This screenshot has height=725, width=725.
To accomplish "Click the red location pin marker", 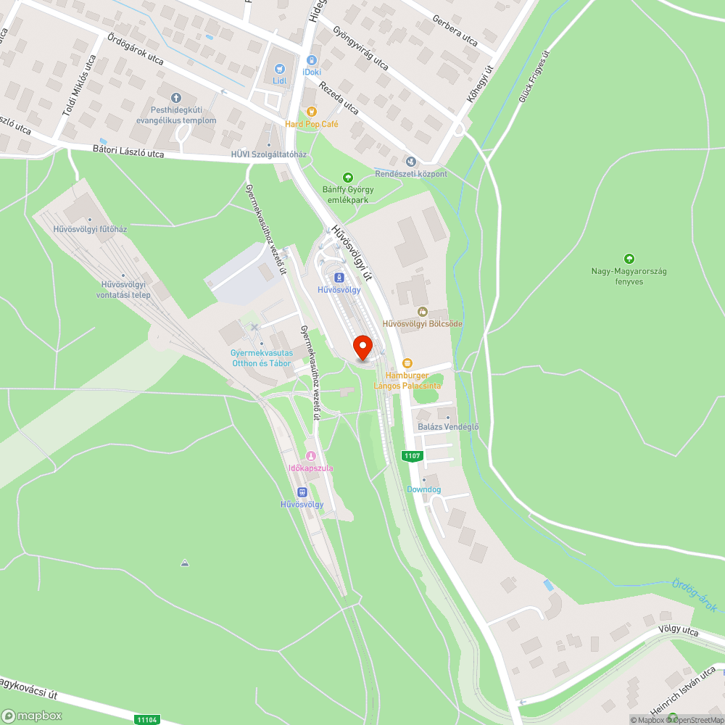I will click(x=363, y=346).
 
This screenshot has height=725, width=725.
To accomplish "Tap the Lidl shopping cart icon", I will click(x=279, y=69).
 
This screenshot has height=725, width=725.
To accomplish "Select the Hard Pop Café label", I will click(x=312, y=124).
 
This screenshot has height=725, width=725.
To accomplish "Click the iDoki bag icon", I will click(x=312, y=61).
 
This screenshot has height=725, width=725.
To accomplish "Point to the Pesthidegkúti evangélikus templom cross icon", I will click(x=175, y=98).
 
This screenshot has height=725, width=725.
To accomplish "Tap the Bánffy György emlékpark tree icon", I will click(x=347, y=178).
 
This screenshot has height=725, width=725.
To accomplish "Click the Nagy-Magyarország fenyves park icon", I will click(x=629, y=258).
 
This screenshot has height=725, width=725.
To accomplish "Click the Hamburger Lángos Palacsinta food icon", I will click(x=407, y=362).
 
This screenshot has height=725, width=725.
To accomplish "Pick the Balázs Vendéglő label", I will click(x=448, y=427).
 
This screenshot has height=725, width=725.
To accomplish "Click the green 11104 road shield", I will click(x=146, y=719).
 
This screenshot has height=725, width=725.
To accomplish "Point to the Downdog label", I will click(x=423, y=489).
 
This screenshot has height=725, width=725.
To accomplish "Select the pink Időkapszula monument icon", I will click(x=311, y=456).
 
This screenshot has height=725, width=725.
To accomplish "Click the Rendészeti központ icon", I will click(x=411, y=161).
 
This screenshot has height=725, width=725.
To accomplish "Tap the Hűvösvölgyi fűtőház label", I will click(x=90, y=229).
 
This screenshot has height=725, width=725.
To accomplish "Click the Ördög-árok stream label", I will click(x=694, y=594).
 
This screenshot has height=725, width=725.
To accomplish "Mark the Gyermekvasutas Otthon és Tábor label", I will click(x=261, y=357).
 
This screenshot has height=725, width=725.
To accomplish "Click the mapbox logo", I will click(x=33, y=715).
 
